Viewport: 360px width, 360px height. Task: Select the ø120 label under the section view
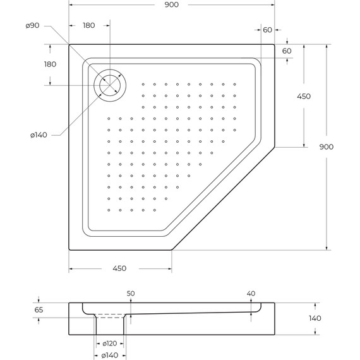(109, 344)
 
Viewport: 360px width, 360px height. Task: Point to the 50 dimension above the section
(131, 294)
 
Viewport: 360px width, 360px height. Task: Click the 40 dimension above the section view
(251, 294)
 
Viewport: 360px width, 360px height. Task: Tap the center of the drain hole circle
(110, 85)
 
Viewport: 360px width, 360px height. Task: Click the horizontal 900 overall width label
(171, 5)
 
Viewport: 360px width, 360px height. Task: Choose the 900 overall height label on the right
(327, 147)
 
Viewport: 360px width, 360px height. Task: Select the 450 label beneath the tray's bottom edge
(119, 268)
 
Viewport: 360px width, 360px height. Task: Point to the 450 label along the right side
(304, 96)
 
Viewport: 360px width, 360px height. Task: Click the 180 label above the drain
(90, 26)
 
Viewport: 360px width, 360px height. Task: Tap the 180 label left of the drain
(50, 64)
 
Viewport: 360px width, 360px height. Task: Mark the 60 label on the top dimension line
(267, 30)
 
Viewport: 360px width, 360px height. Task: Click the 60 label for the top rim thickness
(287, 51)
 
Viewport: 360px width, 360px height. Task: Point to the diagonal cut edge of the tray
(223, 198)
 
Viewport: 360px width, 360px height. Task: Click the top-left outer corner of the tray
(69, 45)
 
